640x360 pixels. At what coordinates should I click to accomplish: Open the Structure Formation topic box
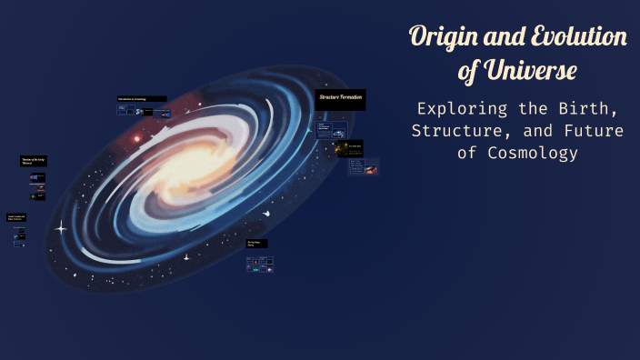(340, 98)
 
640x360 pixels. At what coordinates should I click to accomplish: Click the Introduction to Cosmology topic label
(141, 98)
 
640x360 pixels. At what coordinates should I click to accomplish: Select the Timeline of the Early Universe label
(33, 162)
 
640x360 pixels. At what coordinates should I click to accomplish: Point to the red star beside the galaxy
(137, 139)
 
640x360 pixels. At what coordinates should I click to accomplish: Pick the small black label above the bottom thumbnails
(257, 244)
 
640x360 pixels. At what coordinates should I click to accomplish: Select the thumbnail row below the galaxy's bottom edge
(259, 264)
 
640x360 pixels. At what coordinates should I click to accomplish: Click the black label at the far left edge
(16, 217)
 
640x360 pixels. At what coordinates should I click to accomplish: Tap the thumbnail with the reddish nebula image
(370, 169)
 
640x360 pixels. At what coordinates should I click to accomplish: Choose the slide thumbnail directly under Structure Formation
(331, 129)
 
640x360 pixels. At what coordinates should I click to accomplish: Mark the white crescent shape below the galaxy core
(265, 213)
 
